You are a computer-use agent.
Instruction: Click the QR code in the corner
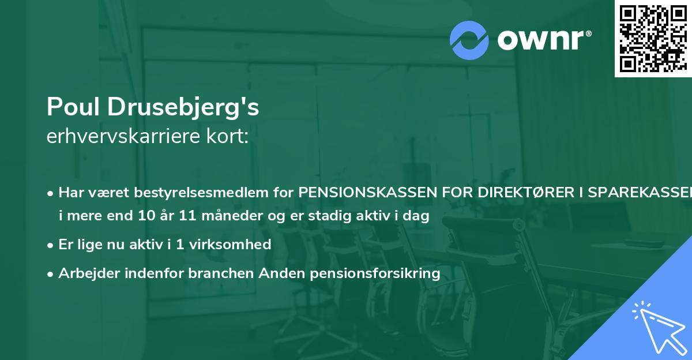click(x=653, y=38)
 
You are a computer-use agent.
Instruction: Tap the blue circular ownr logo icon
click(x=469, y=40)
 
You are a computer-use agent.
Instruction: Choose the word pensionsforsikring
click(x=375, y=273)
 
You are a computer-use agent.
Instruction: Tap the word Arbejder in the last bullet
click(x=85, y=273)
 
